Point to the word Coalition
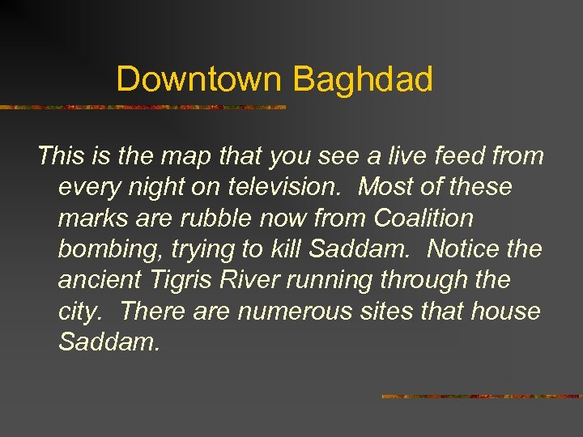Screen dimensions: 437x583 [423, 218]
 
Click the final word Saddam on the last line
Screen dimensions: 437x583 [109, 342]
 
